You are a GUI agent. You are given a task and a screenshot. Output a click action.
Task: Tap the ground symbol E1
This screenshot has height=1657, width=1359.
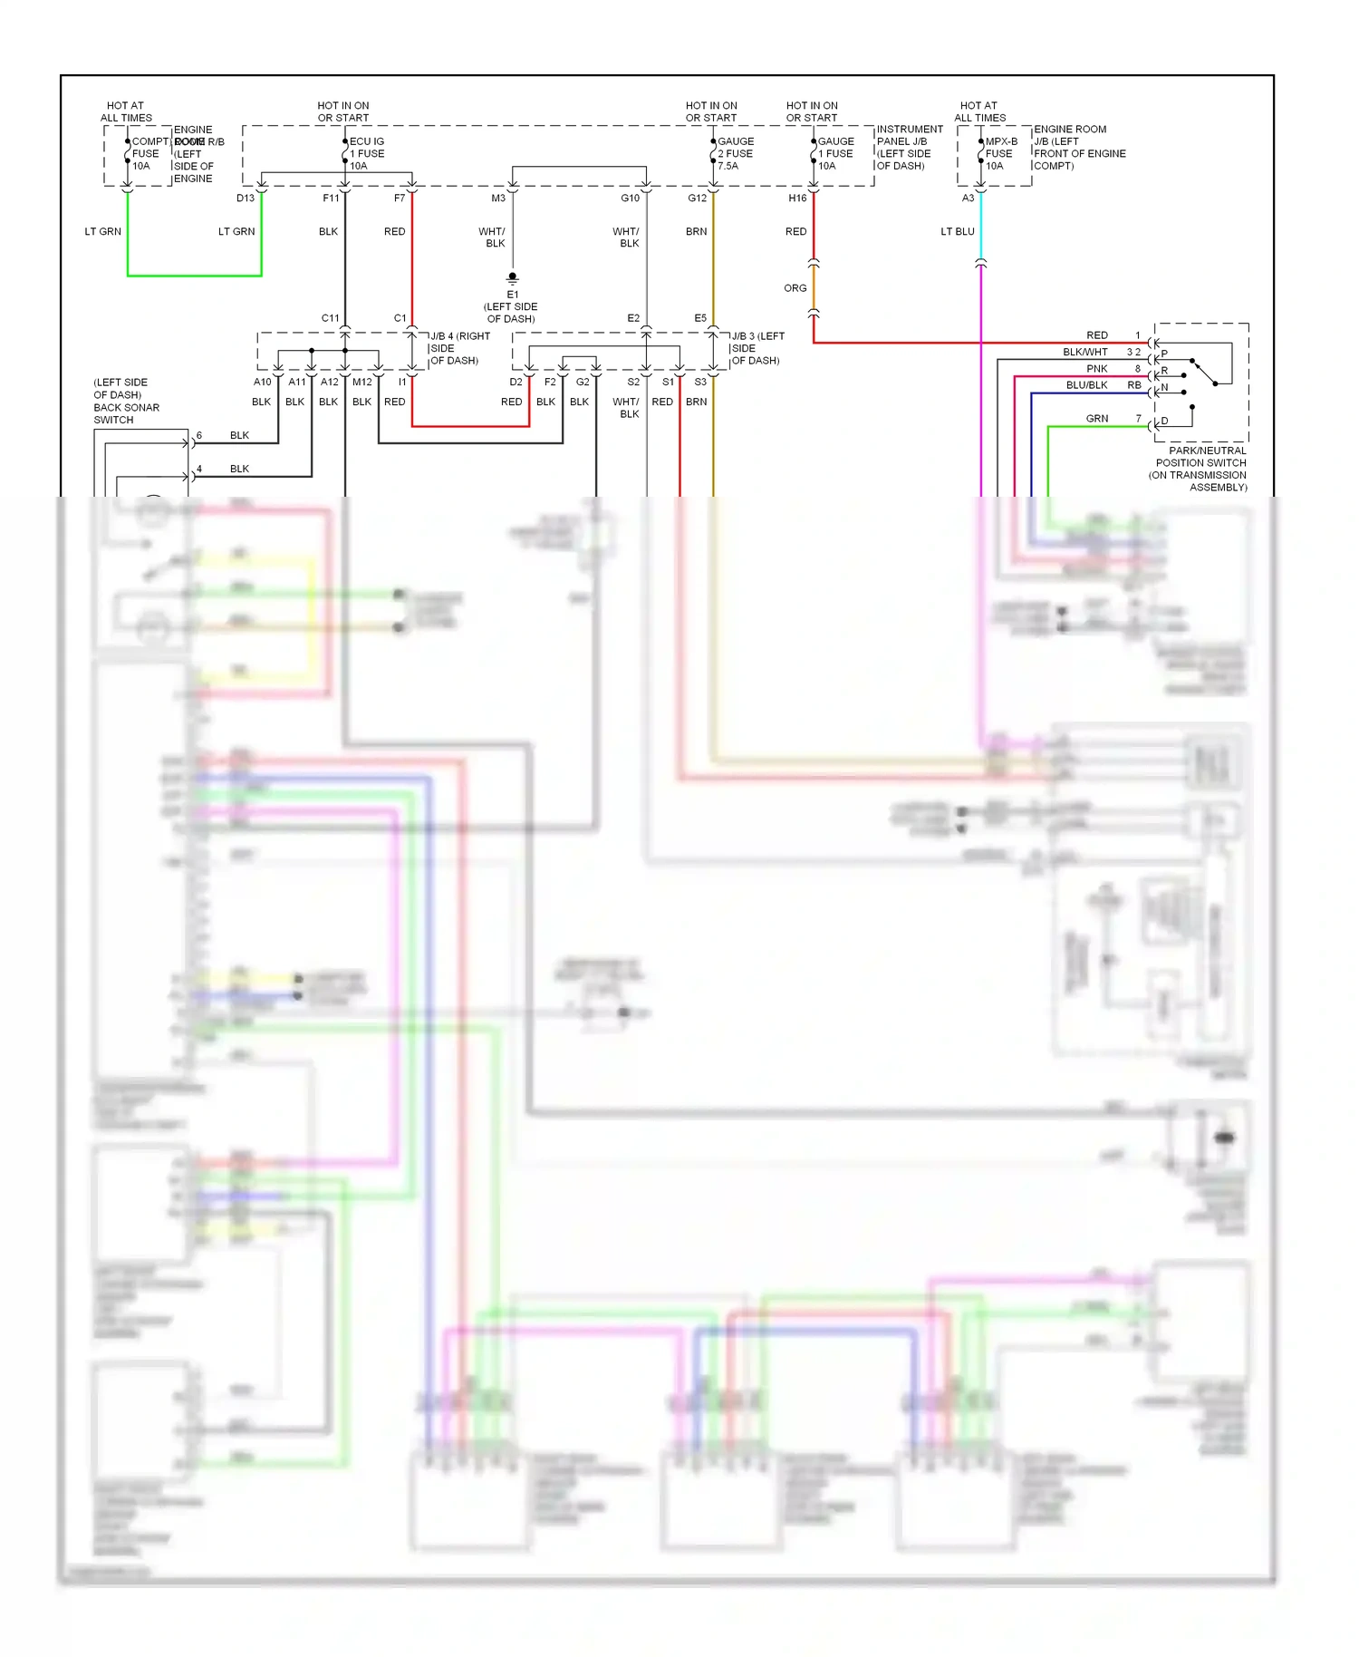[x=513, y=279]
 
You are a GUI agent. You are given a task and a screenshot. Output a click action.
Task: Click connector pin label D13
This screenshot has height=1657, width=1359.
[x=246, y=198]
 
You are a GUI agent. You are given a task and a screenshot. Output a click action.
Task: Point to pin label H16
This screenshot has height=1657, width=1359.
[x=797, y=198]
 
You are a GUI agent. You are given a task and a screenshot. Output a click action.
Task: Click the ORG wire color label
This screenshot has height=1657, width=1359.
[x=795, y=288]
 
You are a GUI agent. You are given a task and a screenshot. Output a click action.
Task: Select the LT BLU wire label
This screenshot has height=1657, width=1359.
[x=957, y=231]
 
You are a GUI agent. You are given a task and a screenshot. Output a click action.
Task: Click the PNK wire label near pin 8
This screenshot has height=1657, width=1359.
[x=1096, y=369]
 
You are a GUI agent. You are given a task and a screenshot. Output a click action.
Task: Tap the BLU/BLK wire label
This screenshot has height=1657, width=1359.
[x=1086, y=385]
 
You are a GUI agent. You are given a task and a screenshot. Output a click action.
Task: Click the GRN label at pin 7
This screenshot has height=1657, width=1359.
[x=1096, y=419]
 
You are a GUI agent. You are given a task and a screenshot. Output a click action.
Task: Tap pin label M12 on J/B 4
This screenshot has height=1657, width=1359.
[x=362, y=382]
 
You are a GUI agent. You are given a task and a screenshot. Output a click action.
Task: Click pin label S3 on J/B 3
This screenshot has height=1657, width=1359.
[x=700, y=382]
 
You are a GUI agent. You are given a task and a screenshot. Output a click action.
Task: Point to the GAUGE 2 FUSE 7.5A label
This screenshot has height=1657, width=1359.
[x=736, y=153]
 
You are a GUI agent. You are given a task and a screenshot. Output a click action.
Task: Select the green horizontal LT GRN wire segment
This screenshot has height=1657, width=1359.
[x=194, y=276]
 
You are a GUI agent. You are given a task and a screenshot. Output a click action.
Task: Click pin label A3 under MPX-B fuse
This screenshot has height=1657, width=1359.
[x=968, y=198]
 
